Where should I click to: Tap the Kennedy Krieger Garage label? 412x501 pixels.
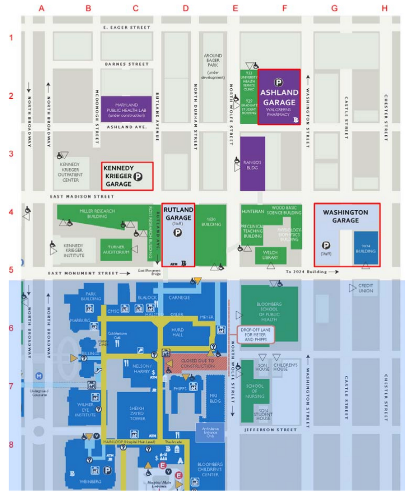click(119, 176)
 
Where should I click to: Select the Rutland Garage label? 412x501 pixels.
click(178, 214)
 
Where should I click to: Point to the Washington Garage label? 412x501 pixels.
click(345, 216)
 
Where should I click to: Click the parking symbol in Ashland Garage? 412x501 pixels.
click(278, 82)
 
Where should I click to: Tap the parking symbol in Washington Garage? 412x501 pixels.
click(326, 245)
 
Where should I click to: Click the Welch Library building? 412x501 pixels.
click(270, 255)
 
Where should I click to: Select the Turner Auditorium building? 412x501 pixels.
click(116, 249)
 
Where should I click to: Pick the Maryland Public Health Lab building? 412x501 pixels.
click(126, 109)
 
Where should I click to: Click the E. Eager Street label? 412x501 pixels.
click(126, 28)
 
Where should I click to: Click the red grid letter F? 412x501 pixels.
click(284, 8)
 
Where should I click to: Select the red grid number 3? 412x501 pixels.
click(11, 153)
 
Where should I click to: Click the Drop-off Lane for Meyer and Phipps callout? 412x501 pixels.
click(256, 334)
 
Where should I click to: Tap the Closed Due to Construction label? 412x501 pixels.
click(197, 363)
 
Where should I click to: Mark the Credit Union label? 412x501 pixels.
click(365, 288)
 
